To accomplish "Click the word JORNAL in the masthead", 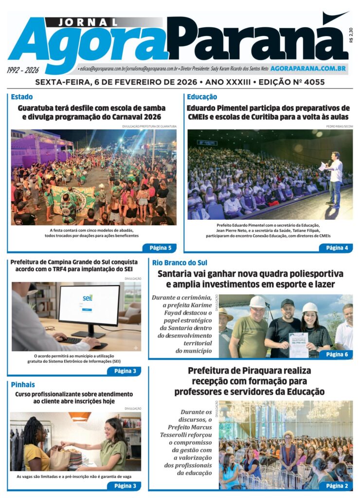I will pos(89,22).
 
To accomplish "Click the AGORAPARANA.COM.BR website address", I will pos(308,69).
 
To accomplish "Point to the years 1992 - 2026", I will pos(23,70).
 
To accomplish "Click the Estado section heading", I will pos(22,97).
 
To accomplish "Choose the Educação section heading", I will pos(202,97).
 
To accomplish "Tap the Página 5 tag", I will pos(160,248).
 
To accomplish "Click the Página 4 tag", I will pos(337,248).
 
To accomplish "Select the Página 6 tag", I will pos(337,355).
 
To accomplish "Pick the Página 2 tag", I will pos(337,485).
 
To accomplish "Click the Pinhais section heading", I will pos(23,385).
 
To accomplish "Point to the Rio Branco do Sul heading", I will pos(179,263).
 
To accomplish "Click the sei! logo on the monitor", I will pos(88,297).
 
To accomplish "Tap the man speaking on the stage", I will pos(335,178).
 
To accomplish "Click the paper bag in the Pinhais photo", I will pos(60,459).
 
